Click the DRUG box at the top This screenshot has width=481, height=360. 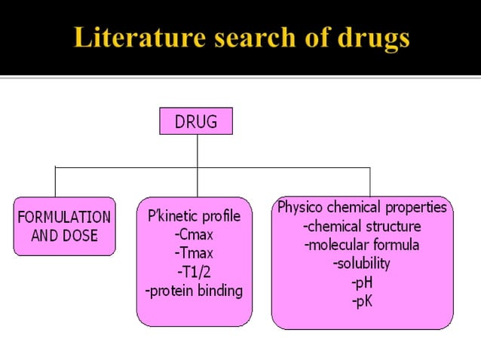coord(196,121)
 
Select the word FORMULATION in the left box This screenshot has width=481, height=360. coord(64,217)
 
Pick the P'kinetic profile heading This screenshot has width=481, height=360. coord(195,216)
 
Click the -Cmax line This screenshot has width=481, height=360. coord(195,234)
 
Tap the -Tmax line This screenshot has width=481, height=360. coord(195,252)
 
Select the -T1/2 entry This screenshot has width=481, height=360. coord(195,271)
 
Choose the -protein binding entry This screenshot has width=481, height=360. coord(195,290)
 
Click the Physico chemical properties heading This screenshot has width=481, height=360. coord(362,207)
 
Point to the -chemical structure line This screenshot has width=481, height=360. coord(362,226)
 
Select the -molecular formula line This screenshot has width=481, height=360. coord(362,245)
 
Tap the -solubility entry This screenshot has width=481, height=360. coord(362,264)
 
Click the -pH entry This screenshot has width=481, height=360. coord(362,282)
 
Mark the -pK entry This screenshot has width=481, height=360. coord(362,301)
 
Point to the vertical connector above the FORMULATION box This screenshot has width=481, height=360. coord(55,182)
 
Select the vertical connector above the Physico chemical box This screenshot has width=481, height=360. coord(369,182)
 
